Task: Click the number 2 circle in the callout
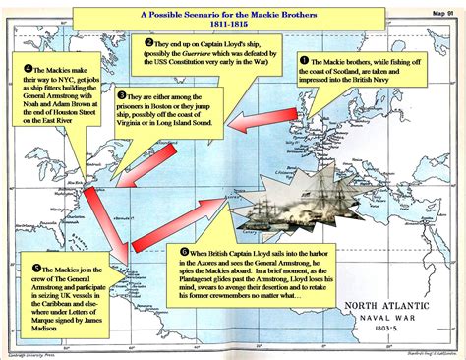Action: (147, 43)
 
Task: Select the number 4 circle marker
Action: (28, 70)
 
